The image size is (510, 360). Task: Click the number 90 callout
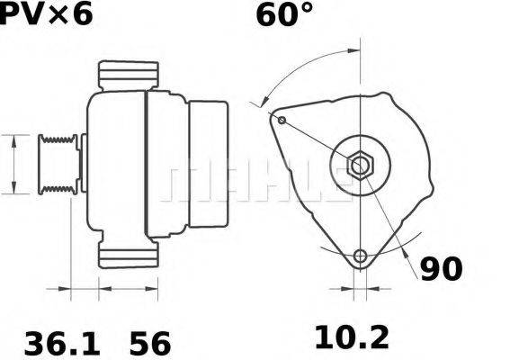coord(441,268)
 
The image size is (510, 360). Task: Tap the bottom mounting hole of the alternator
coord(361,256)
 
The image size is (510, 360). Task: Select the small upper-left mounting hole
coord(282,120)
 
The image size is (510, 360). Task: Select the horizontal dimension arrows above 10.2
coord(360,290)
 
